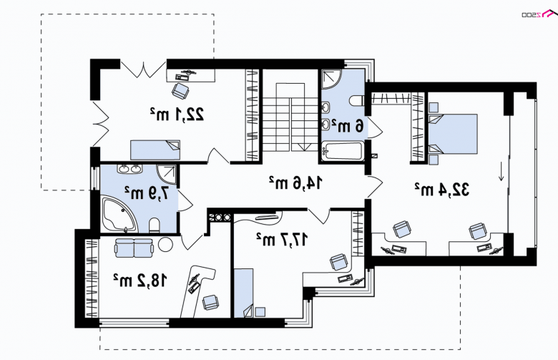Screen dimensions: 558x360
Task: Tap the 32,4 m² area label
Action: [x=441, y=189]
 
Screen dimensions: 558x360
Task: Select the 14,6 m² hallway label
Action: [x=295, y=183]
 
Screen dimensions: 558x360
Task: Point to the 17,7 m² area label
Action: [x=281, y=239]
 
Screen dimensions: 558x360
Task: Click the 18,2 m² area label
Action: [x=139, y=281]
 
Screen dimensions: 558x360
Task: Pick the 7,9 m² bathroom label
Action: [x=146, y=193]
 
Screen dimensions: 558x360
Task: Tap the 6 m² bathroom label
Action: [x=348, y=126]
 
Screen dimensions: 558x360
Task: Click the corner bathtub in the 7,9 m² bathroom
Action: [x=119, y=215]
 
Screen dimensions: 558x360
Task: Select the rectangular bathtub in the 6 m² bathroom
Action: [x=343, y=151]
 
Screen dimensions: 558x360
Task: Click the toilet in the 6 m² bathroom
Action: [x=357, y=101]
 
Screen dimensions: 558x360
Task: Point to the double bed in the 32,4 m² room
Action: [x=453, y=134]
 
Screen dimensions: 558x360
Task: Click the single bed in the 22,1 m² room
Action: [x=155, y=150]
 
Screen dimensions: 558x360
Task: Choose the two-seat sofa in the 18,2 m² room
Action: [x=134, y=248]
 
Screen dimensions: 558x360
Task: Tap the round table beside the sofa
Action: [x=165, y=245]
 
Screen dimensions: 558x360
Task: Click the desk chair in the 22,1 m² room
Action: [x=181, y=90]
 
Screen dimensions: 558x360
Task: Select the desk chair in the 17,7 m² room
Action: [x=339, y=262]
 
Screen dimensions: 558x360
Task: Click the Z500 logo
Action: [x=537, y=14]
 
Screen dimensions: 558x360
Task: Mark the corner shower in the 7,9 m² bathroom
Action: [x=167, y=174]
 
